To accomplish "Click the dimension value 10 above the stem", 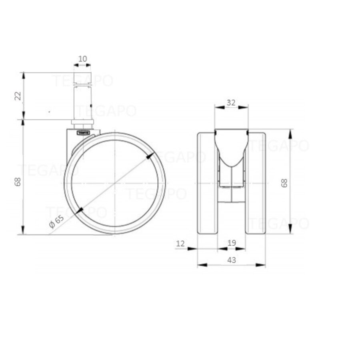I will coord(82,59).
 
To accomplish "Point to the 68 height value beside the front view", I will coord(284,183).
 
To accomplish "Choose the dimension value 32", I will coord(231,102).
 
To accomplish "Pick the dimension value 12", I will coord(180,243).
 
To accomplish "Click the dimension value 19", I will coord(231,243).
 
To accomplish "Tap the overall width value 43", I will coord(231,260).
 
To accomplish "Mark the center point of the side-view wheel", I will coord(115,183).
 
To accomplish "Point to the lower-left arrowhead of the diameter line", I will coord(80,210).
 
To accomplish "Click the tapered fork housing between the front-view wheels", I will coord(231,150).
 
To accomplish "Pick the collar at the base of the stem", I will coord(82,122).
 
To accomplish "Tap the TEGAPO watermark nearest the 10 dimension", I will coord(83,80).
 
